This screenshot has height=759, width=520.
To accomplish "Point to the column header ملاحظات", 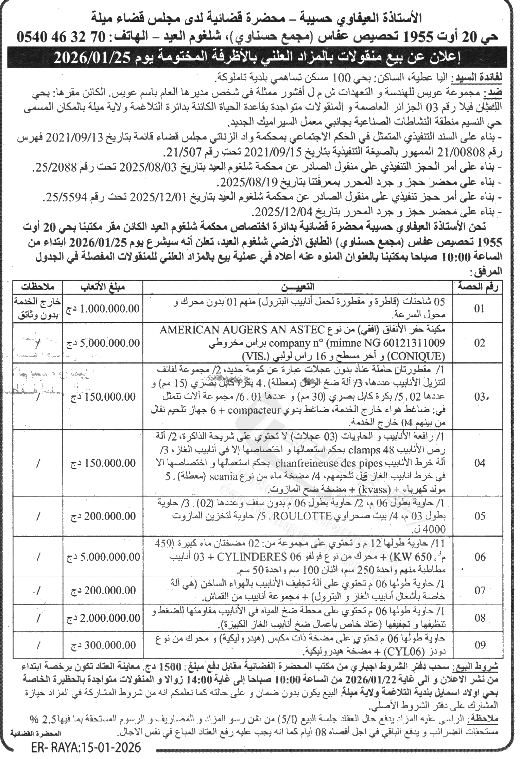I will click(x=38, y=287).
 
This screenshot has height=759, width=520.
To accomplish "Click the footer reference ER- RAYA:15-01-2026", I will click(x=85, y=748).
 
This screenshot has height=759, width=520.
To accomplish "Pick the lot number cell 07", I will click(x=480, y=590).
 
